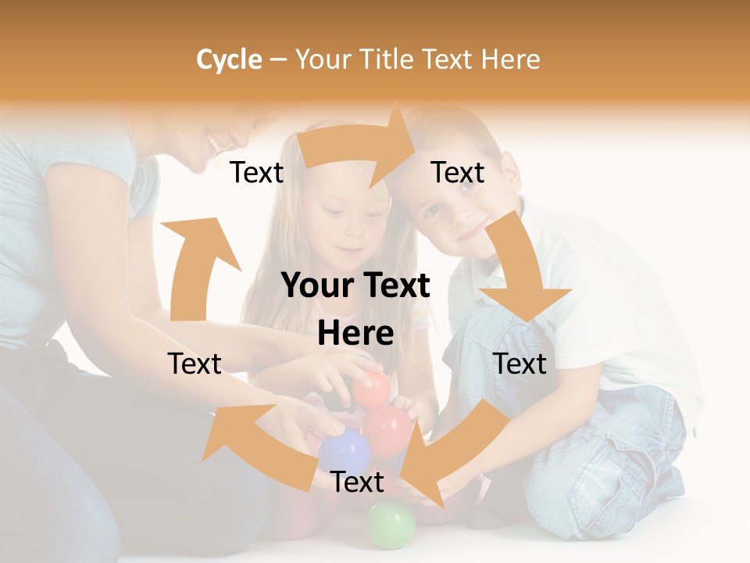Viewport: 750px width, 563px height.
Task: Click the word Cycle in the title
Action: [x=229, y=59]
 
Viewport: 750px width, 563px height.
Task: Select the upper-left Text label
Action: [x=256, y=172]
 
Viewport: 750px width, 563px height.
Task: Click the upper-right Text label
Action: [x=458, y=172]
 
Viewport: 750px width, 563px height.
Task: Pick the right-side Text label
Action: [x=520, y=364]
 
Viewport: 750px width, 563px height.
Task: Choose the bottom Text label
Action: [x=357, y=482]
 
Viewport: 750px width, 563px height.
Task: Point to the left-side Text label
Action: [x=195, y=364]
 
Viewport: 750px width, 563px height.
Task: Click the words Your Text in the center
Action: [x=355, y=286]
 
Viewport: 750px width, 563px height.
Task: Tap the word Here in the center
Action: [x=355, y=333]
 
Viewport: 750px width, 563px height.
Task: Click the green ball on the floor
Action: [x=391, y=524]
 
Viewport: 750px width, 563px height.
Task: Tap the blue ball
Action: [x=344, y=452]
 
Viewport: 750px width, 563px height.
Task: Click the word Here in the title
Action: [x=510, y=59]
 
